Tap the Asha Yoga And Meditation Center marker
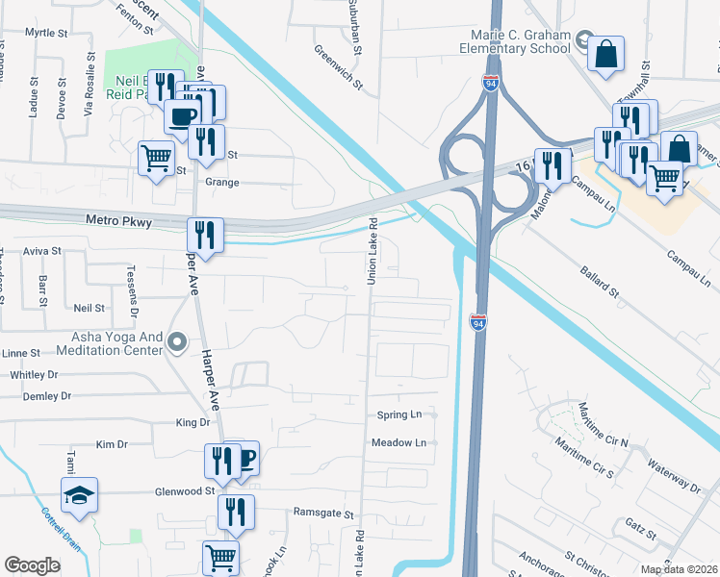(x=176, y=342)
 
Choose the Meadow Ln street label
(x=399, y=442)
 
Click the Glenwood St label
(x=184, y=490)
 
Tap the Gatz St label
(x=639, y=532)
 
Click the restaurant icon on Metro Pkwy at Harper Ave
(x=205, y=234)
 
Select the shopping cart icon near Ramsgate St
(x=220, y=556)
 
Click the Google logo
(x=32, y=565)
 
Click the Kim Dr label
(x=112, y=444)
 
